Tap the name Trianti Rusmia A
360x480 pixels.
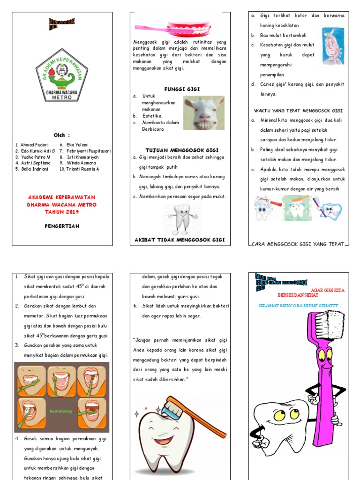tap(83, 169)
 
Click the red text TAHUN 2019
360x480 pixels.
tap(62, 211)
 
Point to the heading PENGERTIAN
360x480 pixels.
tap(62, 226)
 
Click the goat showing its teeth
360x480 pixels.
tap(204, 112)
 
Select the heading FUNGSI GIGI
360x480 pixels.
tap(181, 88)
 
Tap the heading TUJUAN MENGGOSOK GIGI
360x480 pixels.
tap(181, 150)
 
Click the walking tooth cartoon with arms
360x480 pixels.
tap(182, 218)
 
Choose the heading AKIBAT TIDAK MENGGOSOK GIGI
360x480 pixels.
tap(180, 240)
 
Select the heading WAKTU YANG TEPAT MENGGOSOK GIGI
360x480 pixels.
tap(298, 111)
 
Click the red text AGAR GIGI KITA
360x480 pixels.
tap(328, 290)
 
